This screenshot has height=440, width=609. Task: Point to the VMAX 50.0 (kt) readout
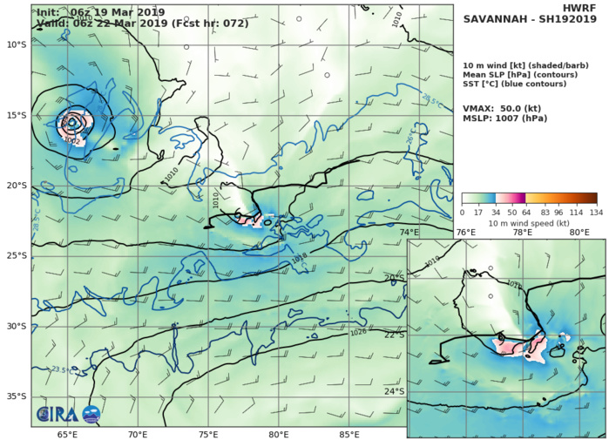pyautogui.click(x=504, y=104)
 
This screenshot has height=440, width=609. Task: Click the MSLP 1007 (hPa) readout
pyautogui.click(x=506, y=117)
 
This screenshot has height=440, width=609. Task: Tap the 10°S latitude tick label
pyautogui.click(x=15, y=44)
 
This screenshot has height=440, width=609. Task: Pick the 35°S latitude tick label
pyautogui.click(x=15, y=396)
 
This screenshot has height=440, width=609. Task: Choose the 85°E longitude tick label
pyautogui.click(x=349, y=434)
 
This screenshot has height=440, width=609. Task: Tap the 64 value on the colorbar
pyautogui.click(x=529, y=211)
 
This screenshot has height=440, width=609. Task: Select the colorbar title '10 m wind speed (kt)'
pyautogui.click(x=529, y=221)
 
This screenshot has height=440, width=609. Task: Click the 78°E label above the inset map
pyautogui.click(x=522, y=233)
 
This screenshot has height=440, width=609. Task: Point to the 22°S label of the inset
pyautogui.click(x=395, y=335)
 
